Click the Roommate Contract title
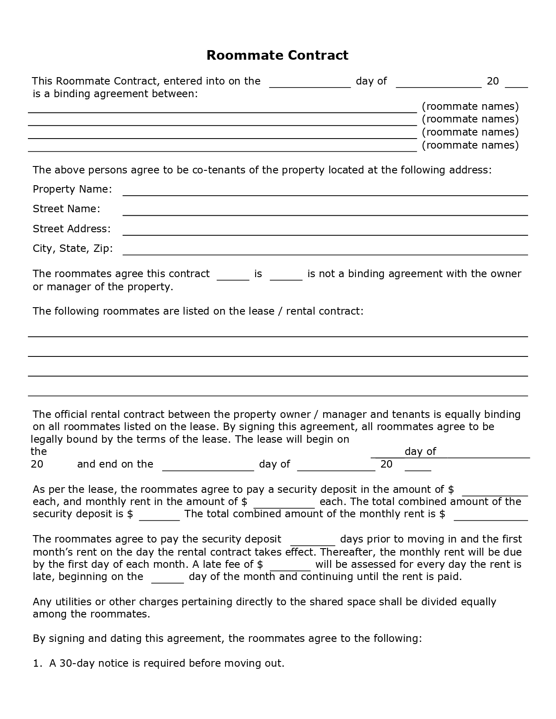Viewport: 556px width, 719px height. point(277,55)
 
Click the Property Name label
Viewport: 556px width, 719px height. point(72,189)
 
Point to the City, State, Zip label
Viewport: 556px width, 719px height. point(73,248)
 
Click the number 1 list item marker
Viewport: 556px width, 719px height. point(37,664)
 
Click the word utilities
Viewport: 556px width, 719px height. point(72,602)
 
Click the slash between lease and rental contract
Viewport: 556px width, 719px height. point(280,311)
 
